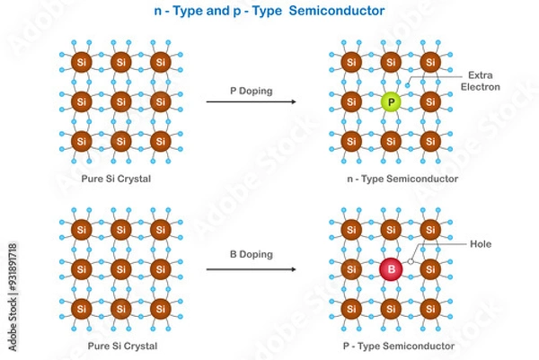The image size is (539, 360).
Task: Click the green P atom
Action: point(390,102)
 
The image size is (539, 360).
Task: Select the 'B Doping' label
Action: point(252,254)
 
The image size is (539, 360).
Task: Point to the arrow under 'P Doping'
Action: point(252,102)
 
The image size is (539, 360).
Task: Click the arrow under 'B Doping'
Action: point(252,268)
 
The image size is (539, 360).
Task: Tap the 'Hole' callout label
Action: point(481,243)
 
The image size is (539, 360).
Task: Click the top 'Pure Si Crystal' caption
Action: point(119,180)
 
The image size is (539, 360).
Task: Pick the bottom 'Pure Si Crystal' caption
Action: point(119,346)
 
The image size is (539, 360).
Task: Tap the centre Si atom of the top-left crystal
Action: point(120,101)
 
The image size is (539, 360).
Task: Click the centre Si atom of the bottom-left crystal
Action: point(120,268)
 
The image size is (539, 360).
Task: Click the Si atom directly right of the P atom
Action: point(430,102)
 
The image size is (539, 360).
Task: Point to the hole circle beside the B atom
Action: point(411,261)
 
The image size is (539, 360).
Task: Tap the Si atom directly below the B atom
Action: point(390,309)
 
